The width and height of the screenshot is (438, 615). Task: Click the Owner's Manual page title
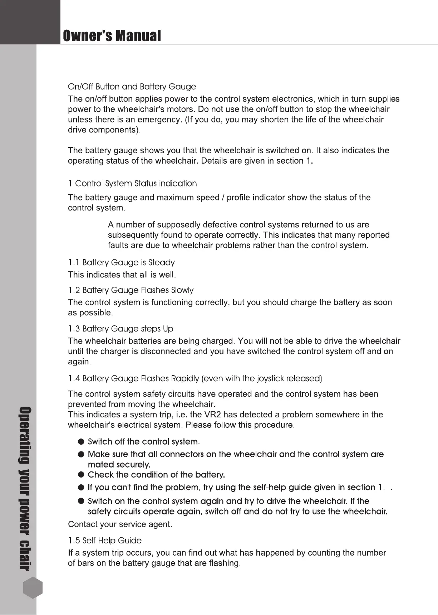(x=112, y=36)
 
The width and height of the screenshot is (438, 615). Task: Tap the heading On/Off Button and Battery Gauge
(x=132, y=87)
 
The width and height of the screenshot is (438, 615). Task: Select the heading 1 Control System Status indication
(x=132, y=184)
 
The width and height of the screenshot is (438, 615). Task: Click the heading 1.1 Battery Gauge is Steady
(x=121, y=263)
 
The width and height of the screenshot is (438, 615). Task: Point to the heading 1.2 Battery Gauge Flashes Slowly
(x=131, y=290)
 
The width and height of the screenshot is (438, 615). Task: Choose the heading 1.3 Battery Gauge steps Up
(x=120, y=329)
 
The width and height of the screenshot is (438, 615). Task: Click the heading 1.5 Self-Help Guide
(x=105, y=541)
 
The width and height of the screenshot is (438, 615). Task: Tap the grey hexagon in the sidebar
(x=33, y=588)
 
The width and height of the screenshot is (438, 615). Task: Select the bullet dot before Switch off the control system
(x=82, y=442)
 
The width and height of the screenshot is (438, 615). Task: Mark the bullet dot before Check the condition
(x=82, y=475)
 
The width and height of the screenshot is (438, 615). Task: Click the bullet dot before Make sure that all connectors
(x=82, y=455)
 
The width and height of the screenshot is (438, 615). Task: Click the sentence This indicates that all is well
(x=122, y=275)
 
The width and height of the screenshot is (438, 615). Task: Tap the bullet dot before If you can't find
(x=82, y=488)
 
